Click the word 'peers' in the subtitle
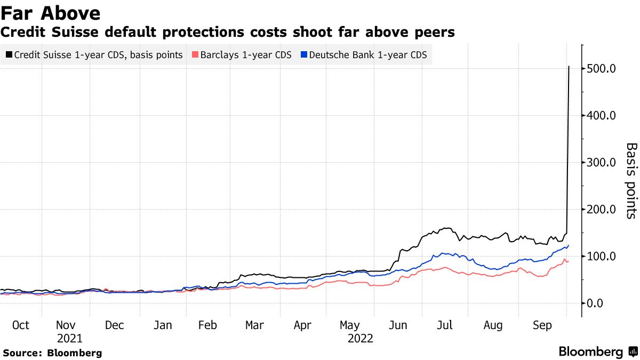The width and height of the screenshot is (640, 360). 435,33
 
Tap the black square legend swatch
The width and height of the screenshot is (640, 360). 9,55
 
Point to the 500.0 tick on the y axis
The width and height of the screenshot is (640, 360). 601,69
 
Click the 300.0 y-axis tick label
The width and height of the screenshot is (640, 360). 601,163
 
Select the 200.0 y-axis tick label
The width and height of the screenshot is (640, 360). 601,210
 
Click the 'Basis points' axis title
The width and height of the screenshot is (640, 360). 631,180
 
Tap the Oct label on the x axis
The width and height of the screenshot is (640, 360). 20,325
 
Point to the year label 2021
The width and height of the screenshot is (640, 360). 69,338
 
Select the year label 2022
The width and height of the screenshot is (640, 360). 360,338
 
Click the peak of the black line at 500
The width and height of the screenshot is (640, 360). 569,67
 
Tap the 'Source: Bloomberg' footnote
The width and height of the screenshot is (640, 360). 52,353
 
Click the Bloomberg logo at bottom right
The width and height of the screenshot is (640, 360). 597,352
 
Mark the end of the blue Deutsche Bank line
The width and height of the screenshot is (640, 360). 569,245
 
